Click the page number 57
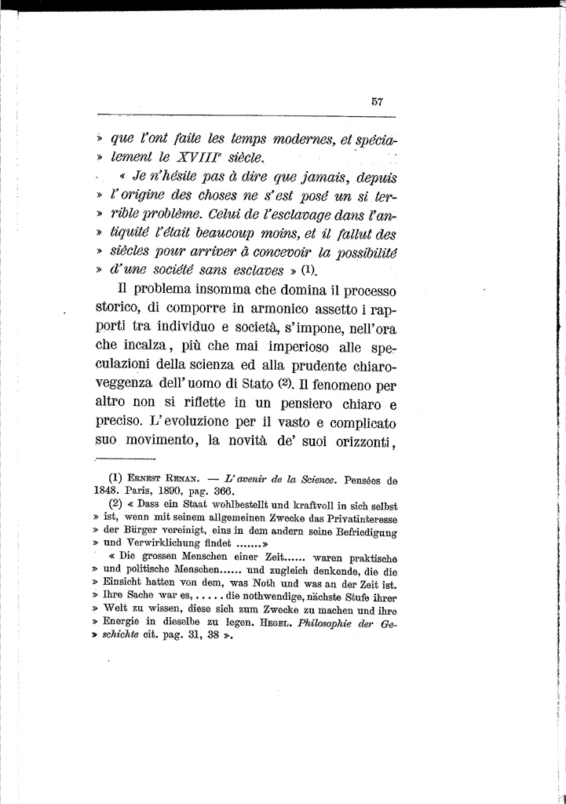(x=377, y=100)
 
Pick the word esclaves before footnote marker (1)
(x=254, y=271)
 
